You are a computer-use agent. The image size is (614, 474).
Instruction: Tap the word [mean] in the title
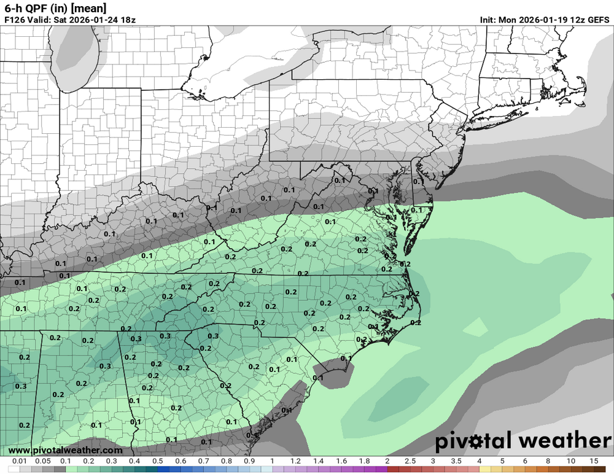point(87,8)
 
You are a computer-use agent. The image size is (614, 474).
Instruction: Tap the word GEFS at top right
point(596,20)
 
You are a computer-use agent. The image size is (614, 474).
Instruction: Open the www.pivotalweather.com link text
point(65,451)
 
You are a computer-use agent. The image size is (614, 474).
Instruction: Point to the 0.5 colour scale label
point(158,461)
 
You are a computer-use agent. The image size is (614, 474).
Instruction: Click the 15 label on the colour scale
point(594,461)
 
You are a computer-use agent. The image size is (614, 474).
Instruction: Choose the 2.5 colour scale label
point(410,461)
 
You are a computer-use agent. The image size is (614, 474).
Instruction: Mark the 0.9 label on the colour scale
point(249,461)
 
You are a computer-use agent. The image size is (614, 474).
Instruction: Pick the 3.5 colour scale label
point(456,461)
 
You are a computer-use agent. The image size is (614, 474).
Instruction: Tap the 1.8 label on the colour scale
point(364,461)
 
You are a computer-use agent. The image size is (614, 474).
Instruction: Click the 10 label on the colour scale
point(571,461)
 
